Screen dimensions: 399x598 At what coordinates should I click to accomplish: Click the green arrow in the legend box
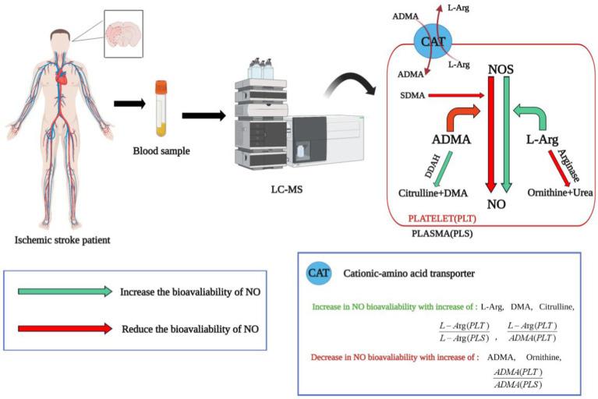pyautogui.click(x=65, y=291)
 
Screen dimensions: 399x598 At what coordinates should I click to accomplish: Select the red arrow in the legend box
pyautogui.click(x=65, y=328)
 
